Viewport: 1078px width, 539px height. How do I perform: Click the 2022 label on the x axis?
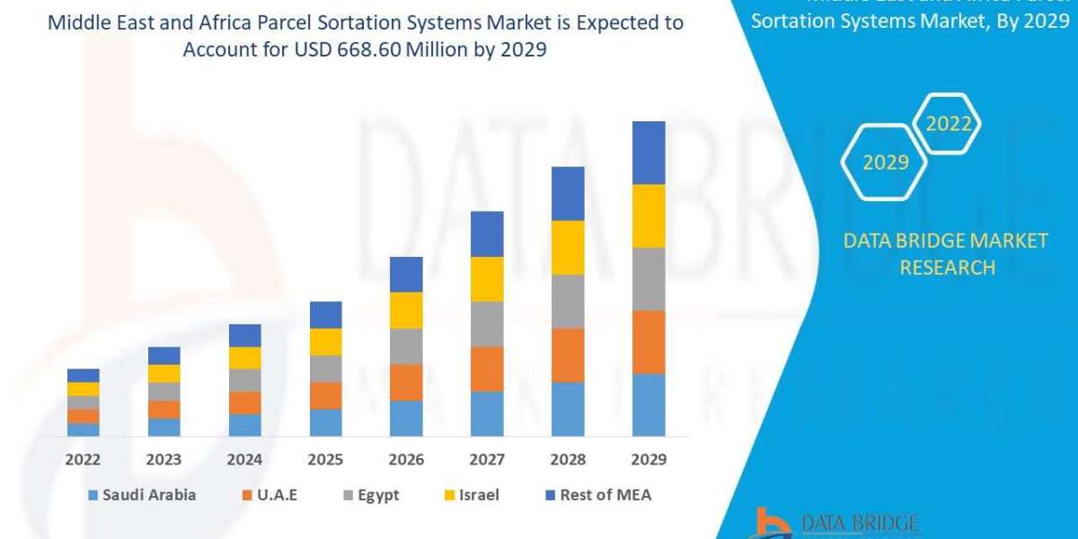tap(83, 459)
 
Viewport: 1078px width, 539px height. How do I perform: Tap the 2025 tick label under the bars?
tap(325, 459)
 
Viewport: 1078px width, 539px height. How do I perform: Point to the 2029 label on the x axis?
tap(649, 459)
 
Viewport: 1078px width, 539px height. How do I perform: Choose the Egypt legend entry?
tap(370, 495)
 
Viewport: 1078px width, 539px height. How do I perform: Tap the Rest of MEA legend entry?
tap(596, 495)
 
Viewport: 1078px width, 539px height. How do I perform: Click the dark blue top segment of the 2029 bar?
tap(649, 153)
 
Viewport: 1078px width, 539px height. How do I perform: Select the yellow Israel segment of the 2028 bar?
tap(568, 247)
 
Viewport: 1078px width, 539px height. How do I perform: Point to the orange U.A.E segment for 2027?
tap(487, 368)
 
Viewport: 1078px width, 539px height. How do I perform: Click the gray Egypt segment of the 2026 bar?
tap(406, 346)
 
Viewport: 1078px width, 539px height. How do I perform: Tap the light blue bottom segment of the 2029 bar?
tap(649, 404)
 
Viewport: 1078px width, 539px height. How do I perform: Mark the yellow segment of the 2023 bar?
tap(163, 373)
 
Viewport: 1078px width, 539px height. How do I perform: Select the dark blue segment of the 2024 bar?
tap(244, 335)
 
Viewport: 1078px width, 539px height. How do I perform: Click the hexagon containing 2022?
tap(948, 124)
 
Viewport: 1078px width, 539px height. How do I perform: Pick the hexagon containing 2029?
tap(885, 163)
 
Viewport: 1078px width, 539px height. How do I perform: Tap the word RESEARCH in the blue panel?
tap(947, 268)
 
